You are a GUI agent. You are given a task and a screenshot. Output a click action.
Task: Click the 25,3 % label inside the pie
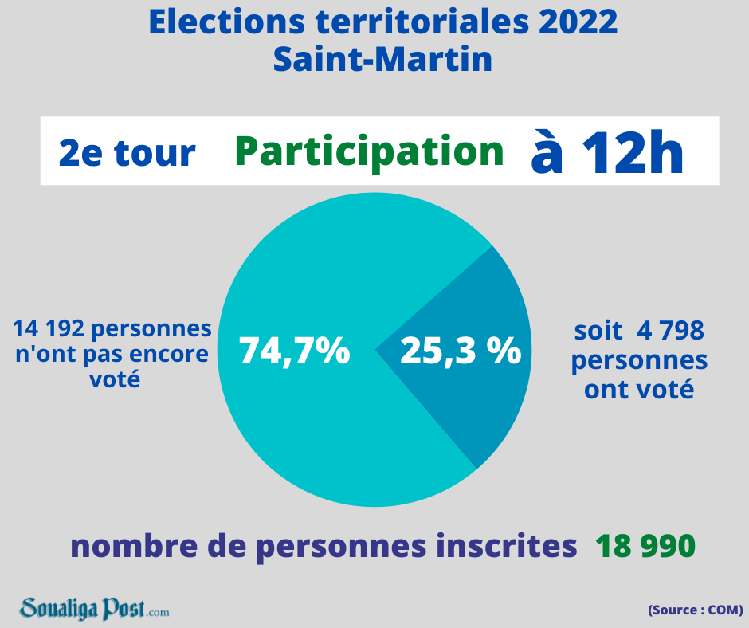(x=460, y=351)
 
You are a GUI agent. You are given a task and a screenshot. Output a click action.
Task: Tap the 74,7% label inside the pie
(x=294, y=351)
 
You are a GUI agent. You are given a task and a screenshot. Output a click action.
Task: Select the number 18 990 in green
(x=645, y=546)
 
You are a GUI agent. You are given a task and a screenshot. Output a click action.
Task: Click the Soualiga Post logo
(x=94, y=609)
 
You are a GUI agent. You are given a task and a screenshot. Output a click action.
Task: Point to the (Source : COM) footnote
(x=695, y=610)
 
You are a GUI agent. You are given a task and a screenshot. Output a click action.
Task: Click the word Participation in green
(x=370, y=151)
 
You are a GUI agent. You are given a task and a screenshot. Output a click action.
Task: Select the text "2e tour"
(x=127, y=153)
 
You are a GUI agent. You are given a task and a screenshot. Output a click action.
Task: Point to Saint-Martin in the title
(x=382, y=60)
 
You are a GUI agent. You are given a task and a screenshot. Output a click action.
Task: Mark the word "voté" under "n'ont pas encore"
(x=115, y=379)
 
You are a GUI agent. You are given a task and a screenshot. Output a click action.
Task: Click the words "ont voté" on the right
(x=639, y=390)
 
